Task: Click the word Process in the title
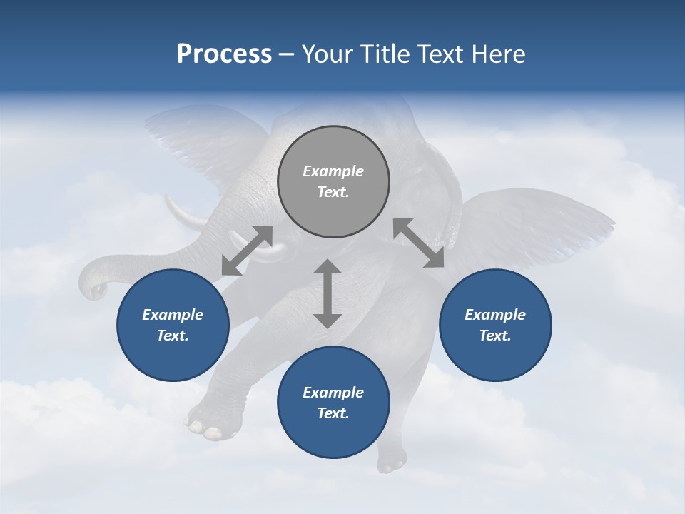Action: [224, 54]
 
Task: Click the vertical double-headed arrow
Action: [328, 293]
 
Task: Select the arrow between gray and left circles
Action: [247, 251]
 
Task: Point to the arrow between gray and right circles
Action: [419, 243]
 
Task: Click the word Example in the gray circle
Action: [333, 171]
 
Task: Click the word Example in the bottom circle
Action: [333, 393]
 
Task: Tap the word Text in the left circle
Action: [173, 336]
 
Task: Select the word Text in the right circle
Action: [495, 336]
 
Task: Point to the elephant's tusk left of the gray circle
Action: [182, 213]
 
